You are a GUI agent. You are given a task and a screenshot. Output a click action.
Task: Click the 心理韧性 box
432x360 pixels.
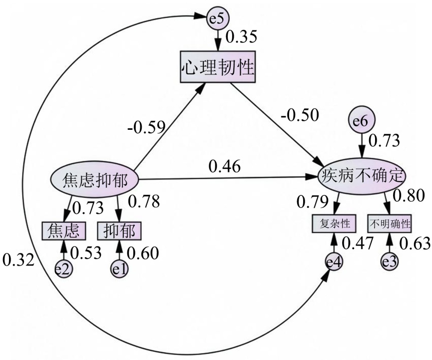(217, 66)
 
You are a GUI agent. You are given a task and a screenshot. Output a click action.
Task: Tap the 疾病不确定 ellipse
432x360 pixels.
(362, 176)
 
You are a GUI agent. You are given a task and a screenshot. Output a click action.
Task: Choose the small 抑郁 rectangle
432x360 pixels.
(119, 230)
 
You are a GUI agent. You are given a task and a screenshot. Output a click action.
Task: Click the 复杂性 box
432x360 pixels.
(333, 223)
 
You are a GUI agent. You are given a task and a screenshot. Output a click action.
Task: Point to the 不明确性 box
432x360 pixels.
(390, 223)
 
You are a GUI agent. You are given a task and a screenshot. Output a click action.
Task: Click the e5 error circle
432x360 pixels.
(217, 19)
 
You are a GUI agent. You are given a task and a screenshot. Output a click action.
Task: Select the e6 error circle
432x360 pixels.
(361, 120)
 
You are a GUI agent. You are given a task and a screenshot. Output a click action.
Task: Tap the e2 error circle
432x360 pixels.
(63, 269)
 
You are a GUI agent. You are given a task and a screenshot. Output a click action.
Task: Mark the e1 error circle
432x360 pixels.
(119, 269)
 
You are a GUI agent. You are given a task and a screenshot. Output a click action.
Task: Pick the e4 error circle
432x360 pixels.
(333, 262)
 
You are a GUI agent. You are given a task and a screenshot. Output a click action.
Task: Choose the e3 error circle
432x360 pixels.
(390, 261)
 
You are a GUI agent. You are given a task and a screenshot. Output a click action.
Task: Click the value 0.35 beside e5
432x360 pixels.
(243, 36)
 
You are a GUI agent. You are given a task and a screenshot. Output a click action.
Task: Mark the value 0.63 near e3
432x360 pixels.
(416, 243)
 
